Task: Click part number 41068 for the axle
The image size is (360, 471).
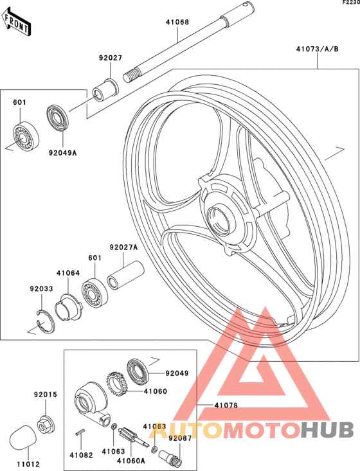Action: click(177, 22)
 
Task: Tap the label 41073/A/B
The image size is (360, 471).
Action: click(318, 49)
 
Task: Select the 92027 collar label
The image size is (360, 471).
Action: click(111, 58)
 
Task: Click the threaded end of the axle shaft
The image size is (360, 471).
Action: click(132, 75)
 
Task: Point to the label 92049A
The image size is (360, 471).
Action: click(63, 153)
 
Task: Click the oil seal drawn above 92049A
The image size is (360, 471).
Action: click(58, 118)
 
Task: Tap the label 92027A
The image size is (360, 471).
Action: click(123, 247)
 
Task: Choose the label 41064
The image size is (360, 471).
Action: click(68, 273)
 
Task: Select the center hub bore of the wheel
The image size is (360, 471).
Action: click(219, 222)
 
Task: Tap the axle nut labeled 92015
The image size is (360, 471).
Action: click(46, 423)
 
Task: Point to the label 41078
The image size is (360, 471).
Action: click(226, 405)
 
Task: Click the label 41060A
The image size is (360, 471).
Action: click(131, 461)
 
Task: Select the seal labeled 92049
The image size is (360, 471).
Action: click(138, 372)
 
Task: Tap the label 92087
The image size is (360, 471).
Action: click(180, 438)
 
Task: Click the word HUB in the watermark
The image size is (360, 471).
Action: click(327, 430)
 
